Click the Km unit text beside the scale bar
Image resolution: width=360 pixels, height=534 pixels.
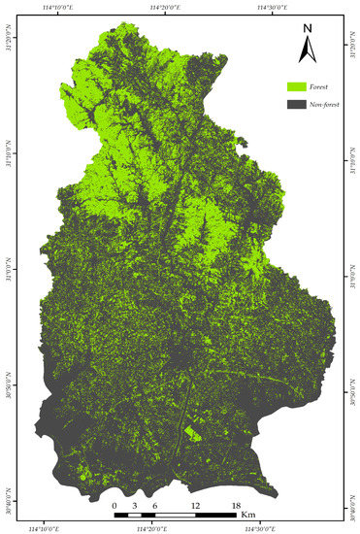(248, 514)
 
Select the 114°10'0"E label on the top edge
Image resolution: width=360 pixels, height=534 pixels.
(60, 8)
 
